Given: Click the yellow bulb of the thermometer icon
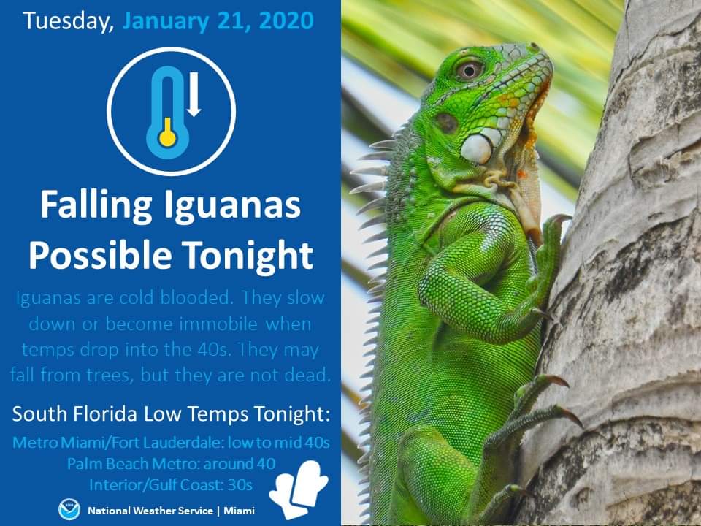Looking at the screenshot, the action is coord(168,134).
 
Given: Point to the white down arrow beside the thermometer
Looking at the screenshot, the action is coord(194,94).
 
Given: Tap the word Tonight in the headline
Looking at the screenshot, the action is coord(248,256).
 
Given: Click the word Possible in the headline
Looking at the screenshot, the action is coord(100,255).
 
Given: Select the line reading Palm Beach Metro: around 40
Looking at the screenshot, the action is coord(171,463).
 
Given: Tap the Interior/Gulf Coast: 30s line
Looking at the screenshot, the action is coord(171,485).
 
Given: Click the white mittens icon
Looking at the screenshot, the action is coord(299,489).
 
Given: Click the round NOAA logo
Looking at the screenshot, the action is coord(69,510).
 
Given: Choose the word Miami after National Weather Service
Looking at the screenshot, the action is coord(240,511).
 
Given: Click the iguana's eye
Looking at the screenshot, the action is coord(469,70).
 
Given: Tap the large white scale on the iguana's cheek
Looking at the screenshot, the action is coord(477,148).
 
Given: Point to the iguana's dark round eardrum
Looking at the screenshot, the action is coord(446,123).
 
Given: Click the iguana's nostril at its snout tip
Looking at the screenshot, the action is coord(533,47).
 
